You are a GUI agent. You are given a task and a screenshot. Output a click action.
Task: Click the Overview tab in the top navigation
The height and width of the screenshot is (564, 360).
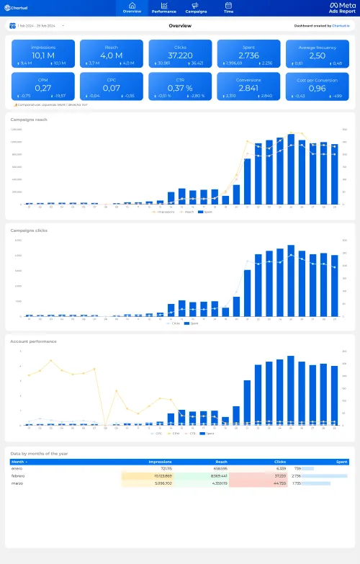pos(132,8)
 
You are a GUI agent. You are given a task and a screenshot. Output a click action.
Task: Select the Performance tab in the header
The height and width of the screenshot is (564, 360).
pos(163,8)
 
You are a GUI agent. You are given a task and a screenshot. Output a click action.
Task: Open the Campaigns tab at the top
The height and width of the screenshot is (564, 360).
pos(196,8)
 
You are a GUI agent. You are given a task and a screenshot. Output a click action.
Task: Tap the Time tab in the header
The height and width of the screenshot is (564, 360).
pos(228,8)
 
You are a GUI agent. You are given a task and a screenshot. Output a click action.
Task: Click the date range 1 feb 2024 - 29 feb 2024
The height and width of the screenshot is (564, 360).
pos(35,25)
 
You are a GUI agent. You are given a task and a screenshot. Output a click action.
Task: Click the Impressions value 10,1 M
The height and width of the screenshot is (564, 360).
pos(43,55)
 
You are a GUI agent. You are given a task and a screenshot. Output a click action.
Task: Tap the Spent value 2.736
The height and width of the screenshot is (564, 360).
pos(248,55)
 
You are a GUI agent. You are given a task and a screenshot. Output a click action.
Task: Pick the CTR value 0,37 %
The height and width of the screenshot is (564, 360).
pos(180,88)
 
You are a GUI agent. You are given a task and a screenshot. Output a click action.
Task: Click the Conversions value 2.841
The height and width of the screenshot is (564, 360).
pos(248,88)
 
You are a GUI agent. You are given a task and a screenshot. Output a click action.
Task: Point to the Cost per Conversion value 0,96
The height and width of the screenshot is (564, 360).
pos(317,88)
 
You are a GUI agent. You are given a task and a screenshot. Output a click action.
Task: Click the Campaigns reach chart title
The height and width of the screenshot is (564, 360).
pos(29,120)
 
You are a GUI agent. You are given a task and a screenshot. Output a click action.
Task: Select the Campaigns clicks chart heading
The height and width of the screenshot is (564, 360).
pos(29,230)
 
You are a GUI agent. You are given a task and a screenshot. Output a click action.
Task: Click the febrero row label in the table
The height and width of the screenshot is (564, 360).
pos(19,476)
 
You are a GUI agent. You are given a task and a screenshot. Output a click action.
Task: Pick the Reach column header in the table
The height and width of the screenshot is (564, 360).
pos(221,462)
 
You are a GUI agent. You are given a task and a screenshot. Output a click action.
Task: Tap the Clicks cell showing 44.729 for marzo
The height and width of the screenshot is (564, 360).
pos(277,483)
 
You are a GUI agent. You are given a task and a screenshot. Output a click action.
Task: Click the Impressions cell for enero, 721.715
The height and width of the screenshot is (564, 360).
pos(162,469)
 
